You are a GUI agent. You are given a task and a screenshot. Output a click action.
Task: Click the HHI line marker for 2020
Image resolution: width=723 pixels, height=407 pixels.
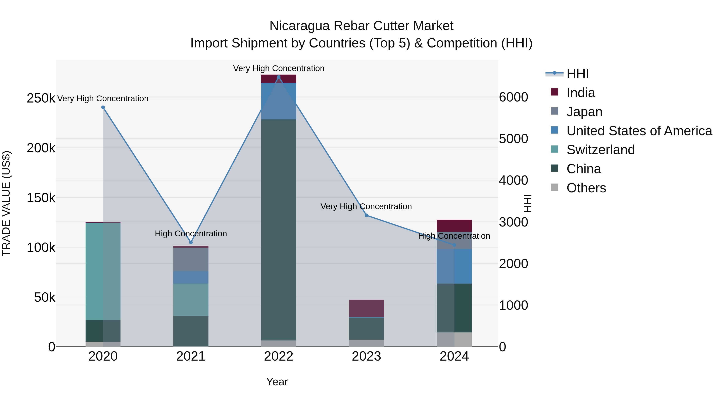[x=103, y=107]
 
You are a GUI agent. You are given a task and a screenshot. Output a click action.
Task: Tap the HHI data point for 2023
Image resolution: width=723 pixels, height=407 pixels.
[x=366, y=215]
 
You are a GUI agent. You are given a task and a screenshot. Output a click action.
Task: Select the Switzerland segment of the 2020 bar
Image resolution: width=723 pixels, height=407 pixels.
[x=103, y=271]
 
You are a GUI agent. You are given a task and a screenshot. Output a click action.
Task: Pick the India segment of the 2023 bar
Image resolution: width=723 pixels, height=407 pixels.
[x=366, y=308]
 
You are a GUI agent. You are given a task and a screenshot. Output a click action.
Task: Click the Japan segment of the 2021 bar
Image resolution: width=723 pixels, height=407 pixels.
[x=191, y=259]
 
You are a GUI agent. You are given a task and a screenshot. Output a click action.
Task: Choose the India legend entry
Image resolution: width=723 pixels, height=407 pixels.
[x=580, y=93]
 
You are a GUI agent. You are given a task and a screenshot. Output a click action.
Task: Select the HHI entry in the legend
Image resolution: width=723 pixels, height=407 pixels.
[x=577, y=74]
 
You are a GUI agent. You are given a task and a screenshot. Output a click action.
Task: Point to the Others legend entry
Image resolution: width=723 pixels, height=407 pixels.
[x=586, y=188]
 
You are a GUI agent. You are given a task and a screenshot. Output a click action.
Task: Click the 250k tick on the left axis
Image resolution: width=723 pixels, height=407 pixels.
[x=41, y=98]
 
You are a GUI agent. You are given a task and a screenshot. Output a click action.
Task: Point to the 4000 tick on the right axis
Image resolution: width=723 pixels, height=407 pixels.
[x=513, y=180]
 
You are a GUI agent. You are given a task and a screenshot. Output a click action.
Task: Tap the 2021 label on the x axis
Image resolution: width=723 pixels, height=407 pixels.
[x=191, y=356]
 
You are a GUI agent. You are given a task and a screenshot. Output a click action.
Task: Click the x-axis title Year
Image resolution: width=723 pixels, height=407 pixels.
[x=277, y=382]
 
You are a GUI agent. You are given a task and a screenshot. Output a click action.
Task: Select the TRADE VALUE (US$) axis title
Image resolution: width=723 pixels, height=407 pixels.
[x=6, y=203]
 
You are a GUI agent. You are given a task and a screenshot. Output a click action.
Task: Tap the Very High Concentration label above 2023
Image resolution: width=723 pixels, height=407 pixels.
[x=366, y=206]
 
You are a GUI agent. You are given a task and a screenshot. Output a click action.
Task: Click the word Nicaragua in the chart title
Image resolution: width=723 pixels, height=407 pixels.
[x=299, y=26]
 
